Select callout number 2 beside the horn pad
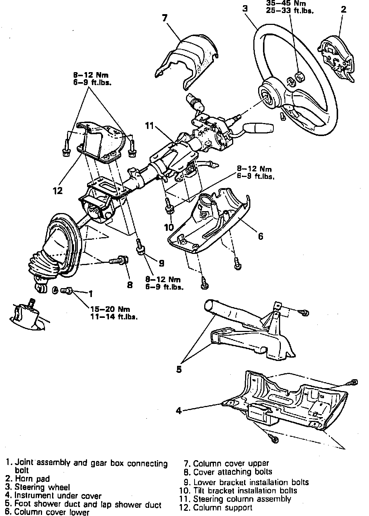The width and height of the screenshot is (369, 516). [343, 9]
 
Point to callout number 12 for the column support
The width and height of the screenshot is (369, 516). [57, 190]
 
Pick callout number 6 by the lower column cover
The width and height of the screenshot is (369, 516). [260, 236]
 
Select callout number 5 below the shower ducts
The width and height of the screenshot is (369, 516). [179, 370]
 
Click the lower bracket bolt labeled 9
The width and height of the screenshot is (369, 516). [140, 247]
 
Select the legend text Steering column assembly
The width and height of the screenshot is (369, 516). [242, 499]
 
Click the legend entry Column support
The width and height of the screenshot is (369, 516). [222, 507]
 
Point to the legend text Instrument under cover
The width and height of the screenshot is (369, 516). [58, 496]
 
